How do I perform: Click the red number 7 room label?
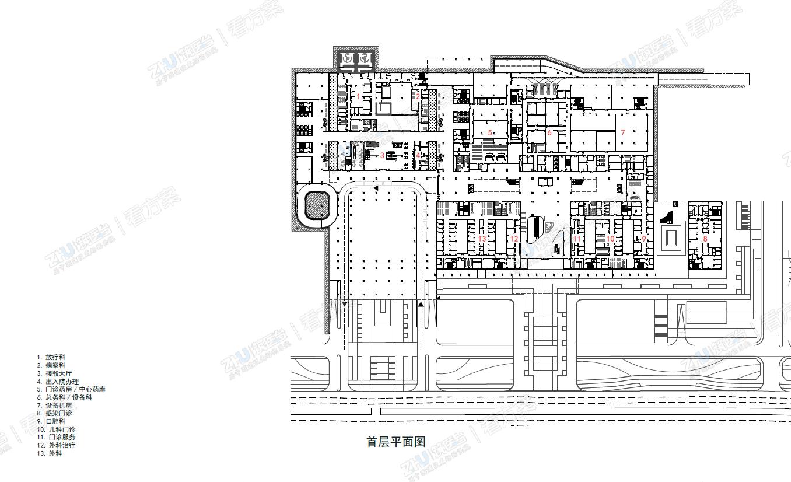point(622,133)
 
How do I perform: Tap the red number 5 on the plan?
point(490,133)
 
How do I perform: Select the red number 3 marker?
point(382,155)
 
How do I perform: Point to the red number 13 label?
point(482,239)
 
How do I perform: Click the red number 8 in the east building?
point(705,239)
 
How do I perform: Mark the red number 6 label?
point(549,133)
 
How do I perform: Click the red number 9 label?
point(644,239)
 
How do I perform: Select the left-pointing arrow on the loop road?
point(376,188)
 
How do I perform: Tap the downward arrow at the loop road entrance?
point(345,304)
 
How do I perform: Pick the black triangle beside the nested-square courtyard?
point(665,217)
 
